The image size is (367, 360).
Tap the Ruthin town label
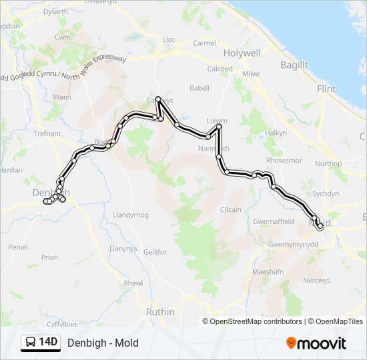tap(160, 312)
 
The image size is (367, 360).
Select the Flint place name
tap(326, 88)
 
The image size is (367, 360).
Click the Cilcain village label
tap(231, 209)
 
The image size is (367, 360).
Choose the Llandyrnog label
tap(130, 215)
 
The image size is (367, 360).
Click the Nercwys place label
tap(316, 281)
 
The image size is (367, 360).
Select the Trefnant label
tap(47, 133)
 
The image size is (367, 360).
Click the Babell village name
tap(199, 88)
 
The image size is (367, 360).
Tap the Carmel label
tap(204, 43)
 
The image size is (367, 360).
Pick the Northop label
tap(328, 163)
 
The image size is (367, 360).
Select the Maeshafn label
tap(268, 273)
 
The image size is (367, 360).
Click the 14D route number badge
tap(41, 343)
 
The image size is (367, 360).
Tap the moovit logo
tap(316, 343)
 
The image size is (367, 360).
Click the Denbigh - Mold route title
tap(103, 343)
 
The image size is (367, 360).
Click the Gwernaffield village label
tap(274, 221)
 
